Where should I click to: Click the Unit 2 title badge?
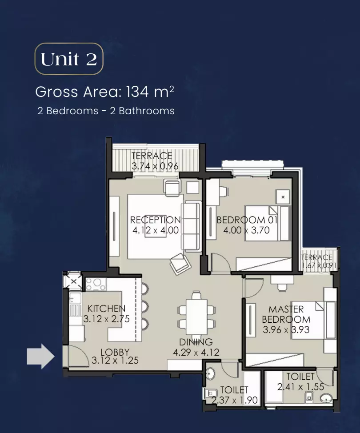[69, 59]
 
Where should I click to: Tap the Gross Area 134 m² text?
[104, 92]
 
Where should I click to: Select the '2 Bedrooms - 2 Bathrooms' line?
[106, 111]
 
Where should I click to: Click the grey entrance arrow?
[40, 356]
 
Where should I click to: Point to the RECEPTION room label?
[155, 220]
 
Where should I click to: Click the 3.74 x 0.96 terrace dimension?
[155, 166]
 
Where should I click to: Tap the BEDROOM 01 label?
[247, 220]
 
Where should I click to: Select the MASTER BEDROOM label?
[286, 314]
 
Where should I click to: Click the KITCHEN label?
[106, 309]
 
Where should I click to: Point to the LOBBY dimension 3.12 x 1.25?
[115, 361]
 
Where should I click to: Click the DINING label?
[196, 342]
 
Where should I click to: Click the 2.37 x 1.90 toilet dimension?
[234, 400]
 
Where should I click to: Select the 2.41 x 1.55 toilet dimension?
[300, 387]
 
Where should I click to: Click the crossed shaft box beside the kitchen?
[73, 281]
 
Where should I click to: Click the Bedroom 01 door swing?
[221, 262]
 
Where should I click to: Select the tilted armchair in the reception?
[180, 264]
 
